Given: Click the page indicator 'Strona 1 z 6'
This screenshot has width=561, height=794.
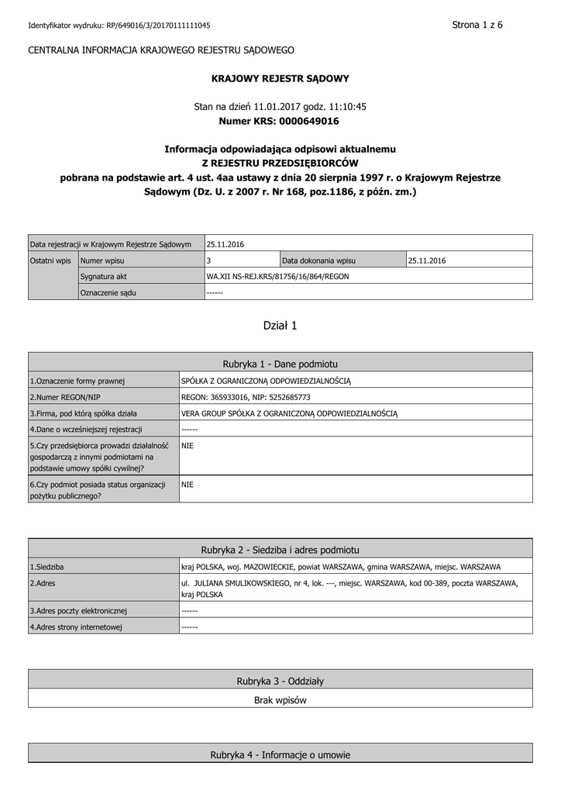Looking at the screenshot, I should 477,25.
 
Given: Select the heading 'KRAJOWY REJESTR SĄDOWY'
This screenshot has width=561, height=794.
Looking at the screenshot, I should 280,78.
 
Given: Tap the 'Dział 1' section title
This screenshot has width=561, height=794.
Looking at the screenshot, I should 280,326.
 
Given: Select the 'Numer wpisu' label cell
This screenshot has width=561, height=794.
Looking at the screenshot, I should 103,261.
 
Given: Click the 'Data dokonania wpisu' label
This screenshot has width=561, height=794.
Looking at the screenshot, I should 318,261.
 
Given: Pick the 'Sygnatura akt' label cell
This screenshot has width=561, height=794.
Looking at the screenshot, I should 104,276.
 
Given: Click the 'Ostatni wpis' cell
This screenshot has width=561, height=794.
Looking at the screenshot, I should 51,261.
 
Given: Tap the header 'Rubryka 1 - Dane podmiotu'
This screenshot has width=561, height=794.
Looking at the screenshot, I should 280,364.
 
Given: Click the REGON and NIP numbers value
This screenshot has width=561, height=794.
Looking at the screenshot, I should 246,397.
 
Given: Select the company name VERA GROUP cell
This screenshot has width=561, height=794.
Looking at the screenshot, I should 289,413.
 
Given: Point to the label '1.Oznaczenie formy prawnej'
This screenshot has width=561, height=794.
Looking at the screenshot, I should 77,381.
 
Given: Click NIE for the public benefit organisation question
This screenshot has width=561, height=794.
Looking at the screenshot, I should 188,484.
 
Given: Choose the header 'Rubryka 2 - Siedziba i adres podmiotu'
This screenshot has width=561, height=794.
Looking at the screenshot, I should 280,550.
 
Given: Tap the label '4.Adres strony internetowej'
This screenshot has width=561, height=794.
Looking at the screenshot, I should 76,627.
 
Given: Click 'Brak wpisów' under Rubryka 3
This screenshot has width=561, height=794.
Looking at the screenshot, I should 280,700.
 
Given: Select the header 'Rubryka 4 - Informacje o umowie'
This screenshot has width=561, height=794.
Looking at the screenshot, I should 280,754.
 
